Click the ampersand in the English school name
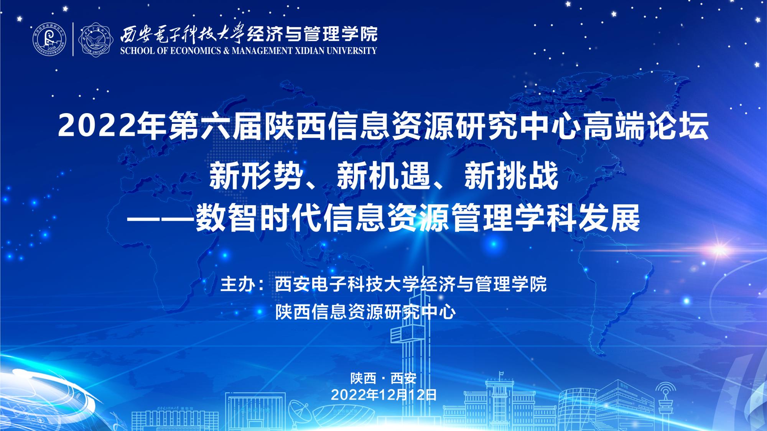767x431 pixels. click(x=225, y=51)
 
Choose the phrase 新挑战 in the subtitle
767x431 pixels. click(x=510, y=176)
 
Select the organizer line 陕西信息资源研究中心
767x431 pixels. click(x=365, y=312)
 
